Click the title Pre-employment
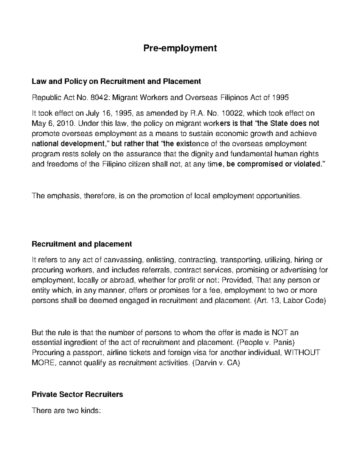(180, 48)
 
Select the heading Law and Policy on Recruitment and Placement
(116, 81)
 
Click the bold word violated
(307, 164)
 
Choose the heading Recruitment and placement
(82, 244)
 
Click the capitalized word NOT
(280, 332)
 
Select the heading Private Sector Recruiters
(77, 394)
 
